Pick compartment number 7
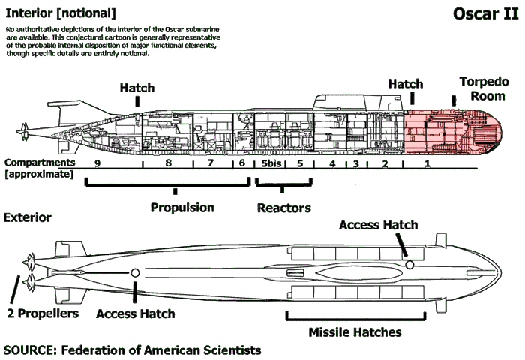coord(211,163)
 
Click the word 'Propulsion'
coord(182,207)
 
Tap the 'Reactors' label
coord(283,207)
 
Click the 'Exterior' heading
coord(28,217)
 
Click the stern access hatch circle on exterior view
coord(135,273)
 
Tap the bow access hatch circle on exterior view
coord(409,265)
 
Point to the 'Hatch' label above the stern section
coord(137,88)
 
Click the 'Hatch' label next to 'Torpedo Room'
coord(406,85)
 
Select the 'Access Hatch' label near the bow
coord(378,225)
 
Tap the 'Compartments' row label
coord(38,163)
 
